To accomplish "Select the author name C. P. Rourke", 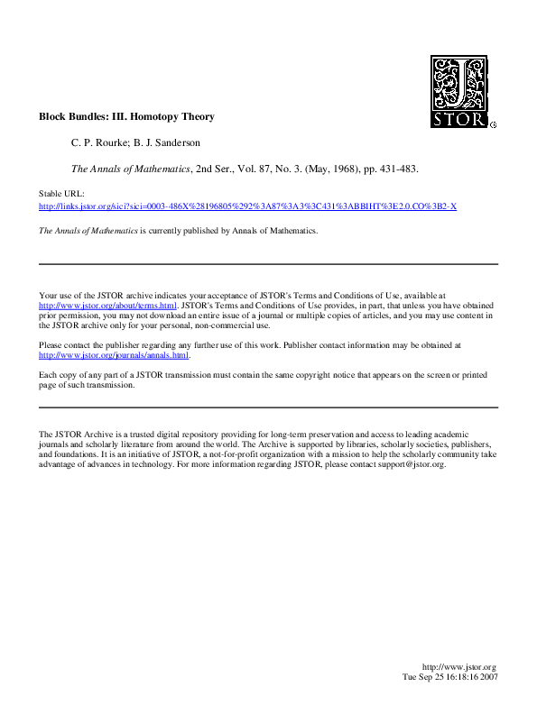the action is tap(99, 142).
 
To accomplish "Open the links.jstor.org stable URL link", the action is tap(247, 206).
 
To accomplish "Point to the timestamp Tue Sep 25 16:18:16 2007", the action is tap(449, 676).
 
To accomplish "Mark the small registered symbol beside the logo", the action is tap(492, 125).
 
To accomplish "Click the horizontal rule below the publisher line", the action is tap(268, 264).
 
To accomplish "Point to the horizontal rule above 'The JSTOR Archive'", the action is tap(268, 407).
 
